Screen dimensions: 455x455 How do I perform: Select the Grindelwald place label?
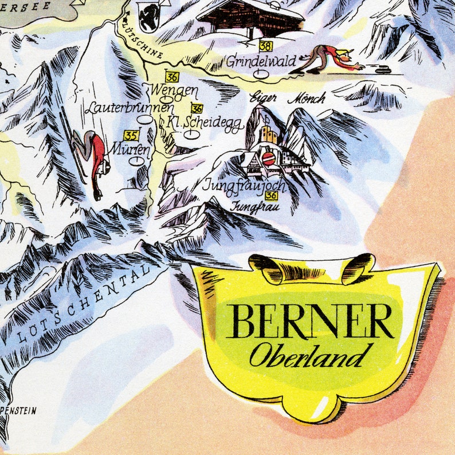[261, 61]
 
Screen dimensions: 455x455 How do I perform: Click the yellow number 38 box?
[265, 46]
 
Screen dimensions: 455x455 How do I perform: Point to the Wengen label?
[174, 91]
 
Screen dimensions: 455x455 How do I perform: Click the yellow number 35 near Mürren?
[132, 135]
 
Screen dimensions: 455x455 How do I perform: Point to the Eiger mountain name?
[264, 98]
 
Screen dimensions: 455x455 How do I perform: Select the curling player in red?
[329, 57]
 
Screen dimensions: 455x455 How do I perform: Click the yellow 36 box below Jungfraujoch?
[272, 195]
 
